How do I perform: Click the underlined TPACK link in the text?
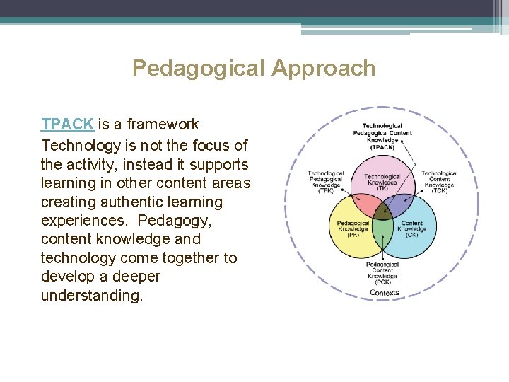67,125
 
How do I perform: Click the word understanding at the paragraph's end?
92,296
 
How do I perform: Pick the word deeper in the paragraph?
136,277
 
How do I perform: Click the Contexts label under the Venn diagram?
384,293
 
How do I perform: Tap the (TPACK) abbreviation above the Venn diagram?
382,146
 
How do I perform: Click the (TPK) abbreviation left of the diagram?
325,191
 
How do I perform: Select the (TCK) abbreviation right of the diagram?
439,191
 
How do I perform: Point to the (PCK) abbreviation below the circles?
382,282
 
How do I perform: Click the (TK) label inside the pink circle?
382,189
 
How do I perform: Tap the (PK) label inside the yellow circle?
352,235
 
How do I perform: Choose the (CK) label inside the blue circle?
411,235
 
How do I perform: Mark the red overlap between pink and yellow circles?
365,206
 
